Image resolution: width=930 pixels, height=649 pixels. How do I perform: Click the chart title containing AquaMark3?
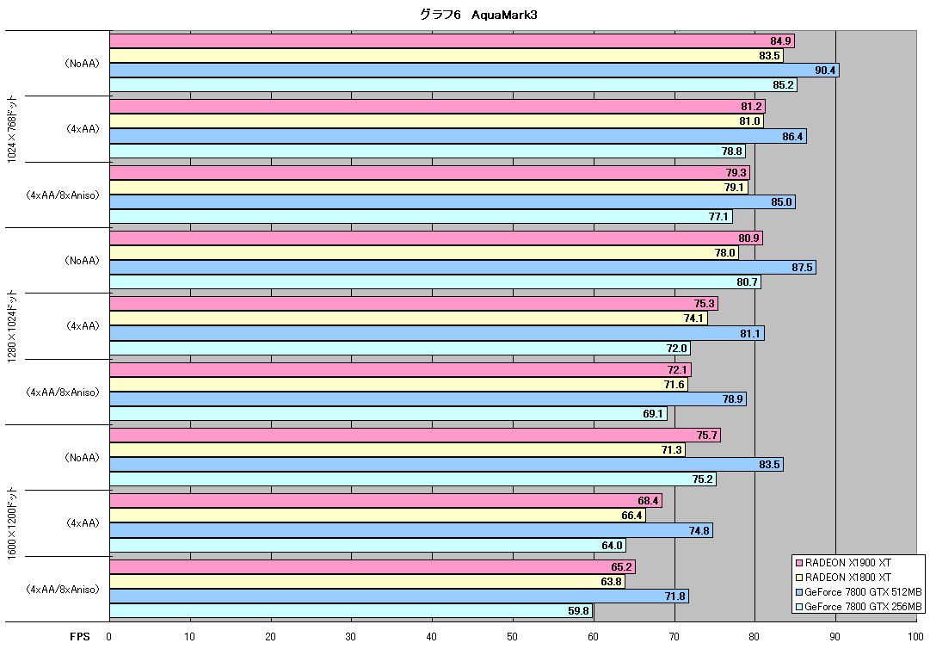click(478, 15)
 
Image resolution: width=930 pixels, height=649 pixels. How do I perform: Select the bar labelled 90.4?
click(475, 71)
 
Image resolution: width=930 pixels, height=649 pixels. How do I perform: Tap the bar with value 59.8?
click(351, 610)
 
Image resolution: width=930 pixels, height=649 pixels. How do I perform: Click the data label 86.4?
click(792, 137)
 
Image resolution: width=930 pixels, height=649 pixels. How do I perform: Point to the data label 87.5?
click(802, 268)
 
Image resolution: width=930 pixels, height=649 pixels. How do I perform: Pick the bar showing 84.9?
click(452, 41)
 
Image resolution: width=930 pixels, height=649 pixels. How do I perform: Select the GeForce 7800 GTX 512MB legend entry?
click(859, 592)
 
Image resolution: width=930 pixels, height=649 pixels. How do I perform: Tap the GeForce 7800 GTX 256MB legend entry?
click(859, 607)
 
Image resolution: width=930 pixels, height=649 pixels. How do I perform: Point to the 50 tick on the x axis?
click(513, 637)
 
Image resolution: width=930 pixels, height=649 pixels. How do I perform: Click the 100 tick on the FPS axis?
click(915, 637)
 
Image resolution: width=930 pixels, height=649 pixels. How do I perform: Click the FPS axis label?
click(80, 637)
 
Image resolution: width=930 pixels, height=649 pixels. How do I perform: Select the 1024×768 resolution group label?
click(12, 128)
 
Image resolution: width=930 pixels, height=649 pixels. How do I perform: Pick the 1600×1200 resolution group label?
click(12, 522)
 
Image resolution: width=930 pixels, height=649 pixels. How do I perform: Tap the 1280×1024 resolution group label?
click(12, 325)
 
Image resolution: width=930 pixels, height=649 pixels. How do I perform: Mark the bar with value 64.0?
click(367, 545)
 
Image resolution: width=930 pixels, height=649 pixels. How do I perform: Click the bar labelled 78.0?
click(424, 253)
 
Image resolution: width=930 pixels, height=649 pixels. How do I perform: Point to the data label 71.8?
click(675, 596)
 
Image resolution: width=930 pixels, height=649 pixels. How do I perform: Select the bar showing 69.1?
click(389, 413)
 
